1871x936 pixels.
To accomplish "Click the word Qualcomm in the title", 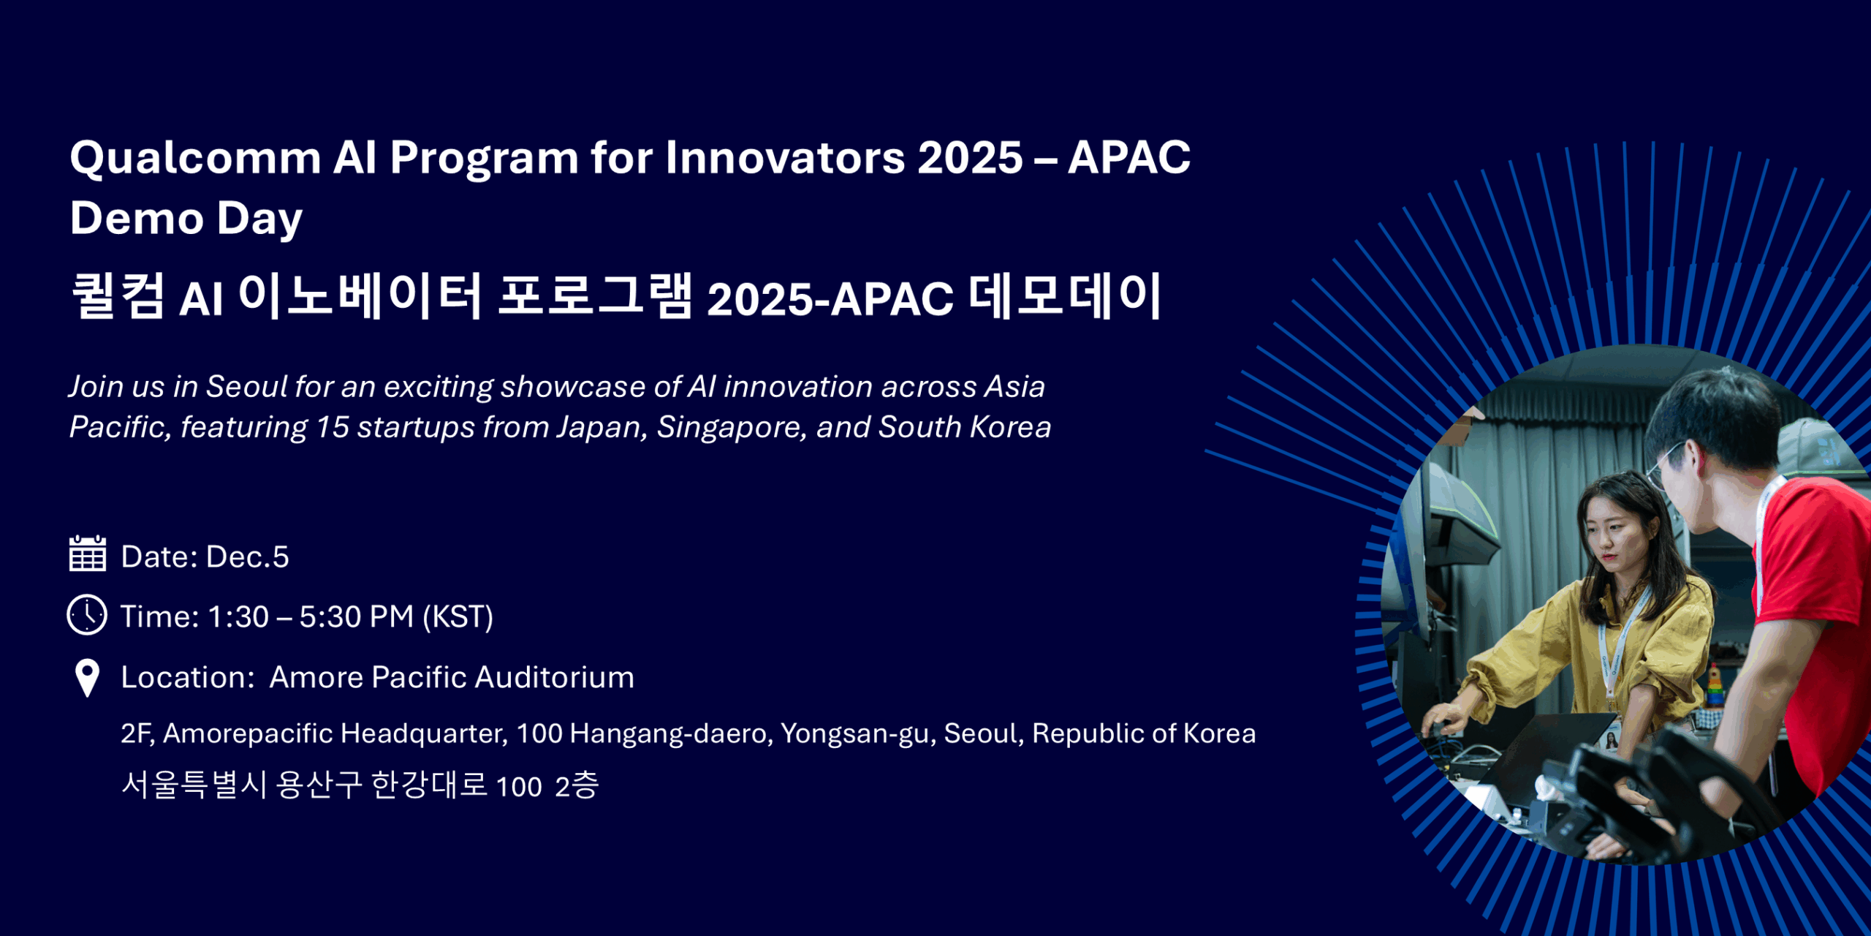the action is [x=195, y=158].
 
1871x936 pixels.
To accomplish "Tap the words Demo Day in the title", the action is [x=186, y=219].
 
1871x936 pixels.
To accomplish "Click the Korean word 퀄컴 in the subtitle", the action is [x=118, y=296].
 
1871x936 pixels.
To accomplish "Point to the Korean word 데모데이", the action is [x=1065, y=296].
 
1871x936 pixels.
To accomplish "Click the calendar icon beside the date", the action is [x=88, y=554].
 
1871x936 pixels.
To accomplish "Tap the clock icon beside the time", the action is [x=87, y=614].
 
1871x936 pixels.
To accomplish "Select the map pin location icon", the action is [x=87, y=678].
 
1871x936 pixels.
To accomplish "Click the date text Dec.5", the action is [x=248, y=556].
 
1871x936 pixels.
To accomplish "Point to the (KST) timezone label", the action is [x=458, y=616].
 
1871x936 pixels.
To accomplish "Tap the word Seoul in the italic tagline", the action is [x=246, y=386].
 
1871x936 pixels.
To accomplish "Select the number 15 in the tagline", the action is [x=333, y=427].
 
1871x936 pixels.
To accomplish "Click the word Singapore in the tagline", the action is [x=732, y=428].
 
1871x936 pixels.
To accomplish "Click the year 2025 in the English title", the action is [x=970, y=157].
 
